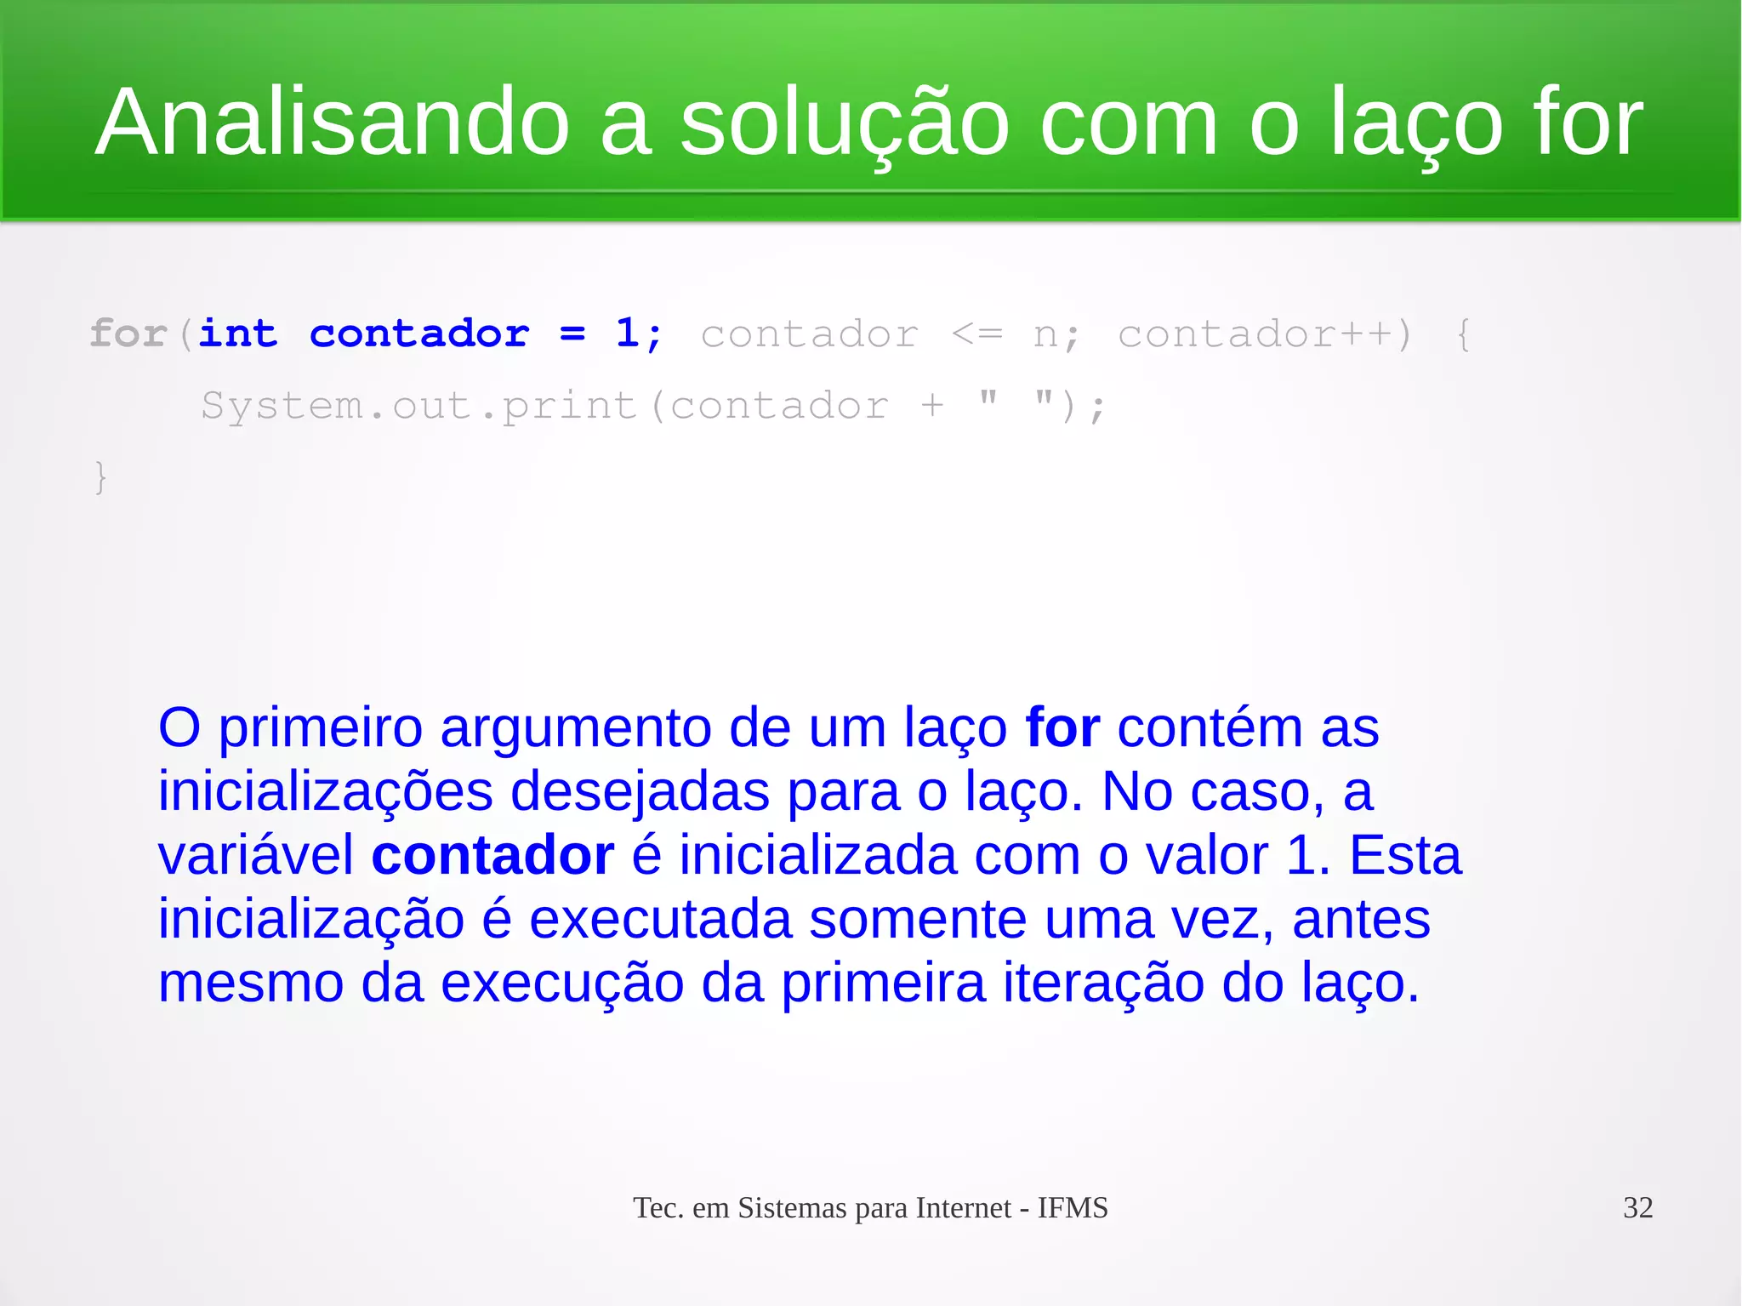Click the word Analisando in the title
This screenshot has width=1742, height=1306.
pos(332,123)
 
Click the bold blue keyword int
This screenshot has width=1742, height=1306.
pos(238,334)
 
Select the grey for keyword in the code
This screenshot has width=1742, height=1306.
pos(128,334)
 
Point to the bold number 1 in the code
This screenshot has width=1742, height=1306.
pos(628,333)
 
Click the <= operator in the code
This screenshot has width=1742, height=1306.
pos(977,334)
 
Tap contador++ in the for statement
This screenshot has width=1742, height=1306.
pos(1255,334)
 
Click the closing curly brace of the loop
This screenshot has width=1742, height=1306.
pos(100,476)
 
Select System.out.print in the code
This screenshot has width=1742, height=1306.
pos(418,406)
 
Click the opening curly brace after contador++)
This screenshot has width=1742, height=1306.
pos(1463,334)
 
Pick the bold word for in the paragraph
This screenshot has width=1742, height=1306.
pos(1062,728)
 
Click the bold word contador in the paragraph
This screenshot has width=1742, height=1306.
pos(492,856)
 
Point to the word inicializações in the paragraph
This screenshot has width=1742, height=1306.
pos(325,792)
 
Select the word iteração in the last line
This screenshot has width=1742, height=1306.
pos(1103,984)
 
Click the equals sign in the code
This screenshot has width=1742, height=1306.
pos(572,334)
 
